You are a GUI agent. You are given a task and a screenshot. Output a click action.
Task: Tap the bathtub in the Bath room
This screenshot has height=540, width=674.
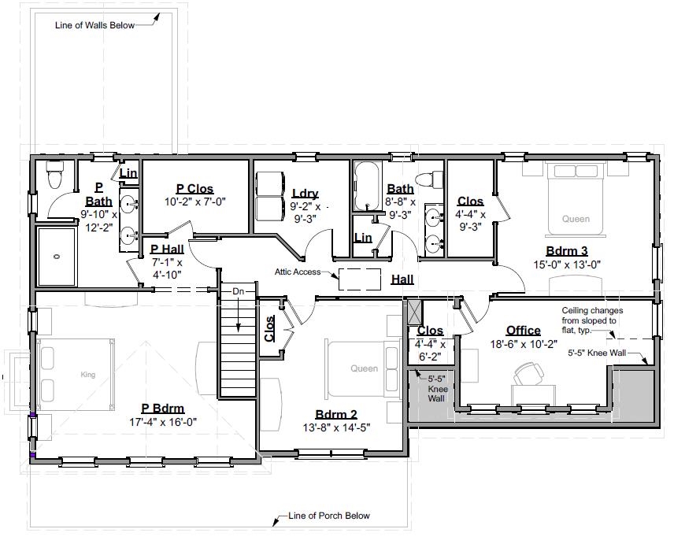tap(368, 187)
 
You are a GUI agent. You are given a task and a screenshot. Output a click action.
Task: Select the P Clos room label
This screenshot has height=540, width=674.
tap(194, 189)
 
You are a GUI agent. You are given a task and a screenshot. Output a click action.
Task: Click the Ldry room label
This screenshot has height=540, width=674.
tap(305, 194)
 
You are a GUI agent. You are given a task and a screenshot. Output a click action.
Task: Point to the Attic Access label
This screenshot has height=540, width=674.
tap(298, 272)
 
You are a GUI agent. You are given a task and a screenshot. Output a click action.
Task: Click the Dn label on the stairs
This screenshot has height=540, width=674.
tap(238, 292)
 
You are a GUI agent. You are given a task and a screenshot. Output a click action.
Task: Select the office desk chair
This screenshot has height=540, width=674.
tap(528, 372)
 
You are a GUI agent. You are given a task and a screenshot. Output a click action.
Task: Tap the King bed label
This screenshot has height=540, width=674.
tap(87, 375)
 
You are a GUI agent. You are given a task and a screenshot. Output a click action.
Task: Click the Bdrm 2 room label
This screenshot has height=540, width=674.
tap(336, 415)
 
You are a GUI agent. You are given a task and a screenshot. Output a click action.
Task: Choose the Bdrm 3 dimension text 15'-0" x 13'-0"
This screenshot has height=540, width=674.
tap(566, 264)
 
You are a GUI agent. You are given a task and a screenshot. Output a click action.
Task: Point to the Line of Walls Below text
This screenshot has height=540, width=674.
tap(94, 25)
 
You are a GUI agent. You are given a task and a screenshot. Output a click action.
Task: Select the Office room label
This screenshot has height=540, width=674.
tap(523, 331)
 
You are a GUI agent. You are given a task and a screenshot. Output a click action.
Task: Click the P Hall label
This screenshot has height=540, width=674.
tap(167, 250)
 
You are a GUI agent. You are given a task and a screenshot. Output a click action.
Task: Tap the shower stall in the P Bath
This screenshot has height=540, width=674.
tap(57, 256)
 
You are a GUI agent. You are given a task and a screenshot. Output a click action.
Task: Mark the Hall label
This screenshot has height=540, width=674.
tap(402, 279)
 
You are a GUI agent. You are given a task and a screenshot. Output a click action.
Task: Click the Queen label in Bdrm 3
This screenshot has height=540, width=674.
tap(576, 220)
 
